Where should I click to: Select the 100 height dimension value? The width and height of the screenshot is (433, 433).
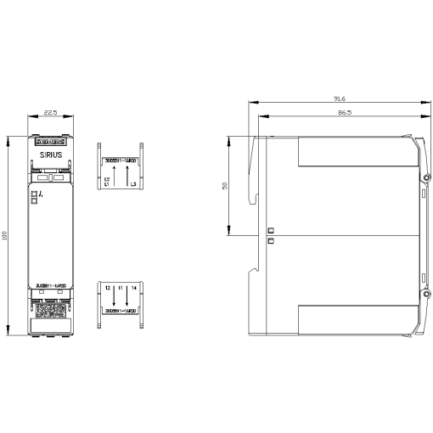coord(6,234)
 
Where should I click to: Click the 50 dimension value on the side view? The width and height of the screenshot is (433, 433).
coord(225,185)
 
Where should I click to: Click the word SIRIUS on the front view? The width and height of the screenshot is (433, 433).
coord(49,155)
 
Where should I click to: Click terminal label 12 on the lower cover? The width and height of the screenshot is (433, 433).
coord(108,289)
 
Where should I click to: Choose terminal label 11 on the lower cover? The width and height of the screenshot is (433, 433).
coord(121,289)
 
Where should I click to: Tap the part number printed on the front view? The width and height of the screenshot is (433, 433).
coord(49,285)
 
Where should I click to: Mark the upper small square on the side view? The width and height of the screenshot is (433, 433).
coord(270,230)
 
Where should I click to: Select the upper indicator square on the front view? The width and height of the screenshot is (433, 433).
coord(35,194)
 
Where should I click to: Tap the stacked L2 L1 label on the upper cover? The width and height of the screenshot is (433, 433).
coord(107,183)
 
